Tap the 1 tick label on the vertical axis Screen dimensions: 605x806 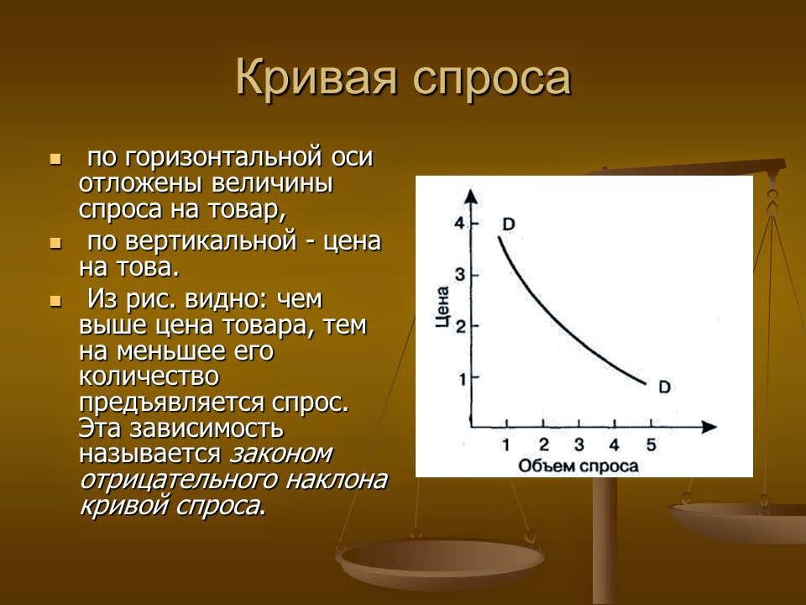click(459, 378)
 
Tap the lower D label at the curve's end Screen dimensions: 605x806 click(664, 387)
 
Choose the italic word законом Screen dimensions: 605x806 click(281, 453)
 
